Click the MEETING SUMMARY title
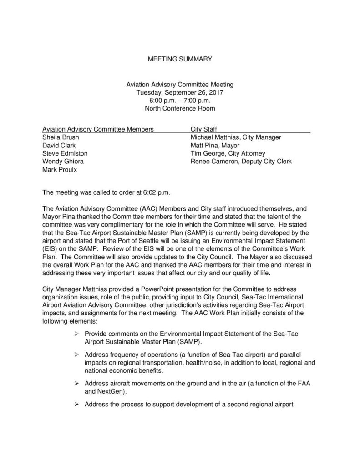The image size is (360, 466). (x=180, y=59)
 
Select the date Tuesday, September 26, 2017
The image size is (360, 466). (x=180, y=92)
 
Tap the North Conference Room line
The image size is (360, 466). (x=180, y=108)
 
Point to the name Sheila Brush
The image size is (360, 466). (x=61, y=137)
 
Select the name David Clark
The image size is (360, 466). (x=59, y=145)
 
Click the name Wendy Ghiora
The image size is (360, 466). (x=63, y=162)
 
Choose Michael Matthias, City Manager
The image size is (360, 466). (x=236, y=137)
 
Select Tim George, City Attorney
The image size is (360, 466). (x=228, y=153)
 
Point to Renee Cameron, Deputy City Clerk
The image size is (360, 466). (x=241, y=162)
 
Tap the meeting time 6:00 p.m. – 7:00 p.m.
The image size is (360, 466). (x=180, y=101)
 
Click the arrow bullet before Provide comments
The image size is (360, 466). (x=77, y=334)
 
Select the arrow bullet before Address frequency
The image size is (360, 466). (x=77, y=355)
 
